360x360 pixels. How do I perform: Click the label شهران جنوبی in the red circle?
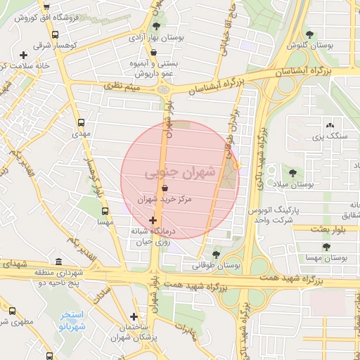172,172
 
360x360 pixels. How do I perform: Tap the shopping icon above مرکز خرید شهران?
165,188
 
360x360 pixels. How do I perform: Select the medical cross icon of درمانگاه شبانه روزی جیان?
153,220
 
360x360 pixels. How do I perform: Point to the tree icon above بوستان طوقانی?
216,255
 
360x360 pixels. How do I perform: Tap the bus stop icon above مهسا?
105,211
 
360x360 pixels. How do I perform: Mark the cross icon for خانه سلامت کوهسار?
24,55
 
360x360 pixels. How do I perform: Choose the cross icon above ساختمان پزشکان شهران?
134,317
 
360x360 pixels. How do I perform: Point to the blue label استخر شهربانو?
71,321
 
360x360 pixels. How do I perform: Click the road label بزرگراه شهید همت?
281,281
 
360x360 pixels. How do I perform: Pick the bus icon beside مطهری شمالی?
11,310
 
